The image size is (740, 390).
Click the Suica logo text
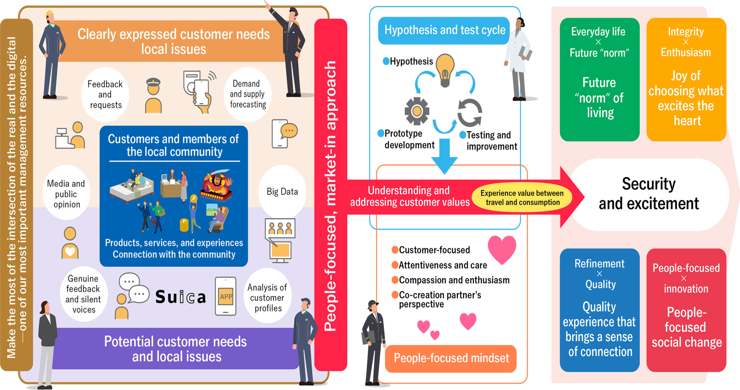(x=180, y=297)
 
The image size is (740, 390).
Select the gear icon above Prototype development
(x=417, y=111)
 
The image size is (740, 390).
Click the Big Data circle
(x=282, y=192)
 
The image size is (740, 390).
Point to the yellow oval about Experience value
(x=522, y=198)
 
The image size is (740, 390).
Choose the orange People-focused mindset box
(x=451, y=358)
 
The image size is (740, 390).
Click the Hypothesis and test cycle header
(x=445, y=30)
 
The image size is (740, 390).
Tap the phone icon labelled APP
(x=226, y=296)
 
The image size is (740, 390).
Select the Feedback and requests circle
(x=105, y=94)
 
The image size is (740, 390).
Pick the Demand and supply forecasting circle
(x=248, y=94)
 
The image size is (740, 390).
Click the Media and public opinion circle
(x=66, y=194)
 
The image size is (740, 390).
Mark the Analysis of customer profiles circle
(x=267, y=297)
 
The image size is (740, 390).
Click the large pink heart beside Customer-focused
(x=502, y=249)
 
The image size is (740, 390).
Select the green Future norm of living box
(x=599, y=79)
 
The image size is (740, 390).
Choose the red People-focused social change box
(x=686, y=310)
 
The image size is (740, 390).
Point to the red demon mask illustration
(x=217, y=184)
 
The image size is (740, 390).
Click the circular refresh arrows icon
(x=470, y=113)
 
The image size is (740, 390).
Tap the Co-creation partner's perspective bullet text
(x=440, y=299)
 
